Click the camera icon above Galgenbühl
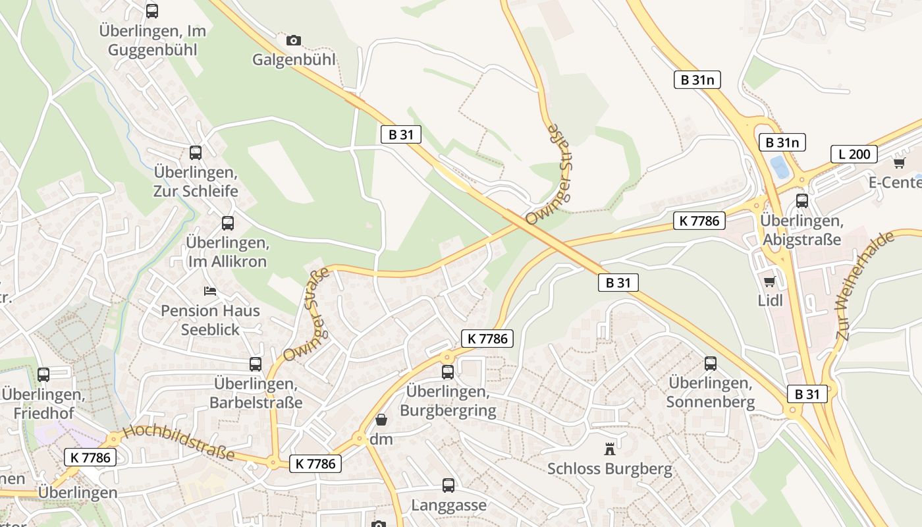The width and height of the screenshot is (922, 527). coord(294,40)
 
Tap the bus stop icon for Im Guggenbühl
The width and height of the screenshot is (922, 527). coord(152,11)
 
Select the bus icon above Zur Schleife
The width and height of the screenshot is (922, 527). coord(196,153)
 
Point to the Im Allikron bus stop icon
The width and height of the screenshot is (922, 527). coord(228,223)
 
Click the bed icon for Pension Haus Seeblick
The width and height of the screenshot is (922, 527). coord(210,291)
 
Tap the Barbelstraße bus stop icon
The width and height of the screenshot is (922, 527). coord(256,364)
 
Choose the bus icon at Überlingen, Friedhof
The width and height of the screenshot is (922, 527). coord(43,374)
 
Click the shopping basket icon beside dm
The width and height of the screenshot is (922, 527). coord(381,420)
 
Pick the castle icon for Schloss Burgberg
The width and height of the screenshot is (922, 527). coord(610,449)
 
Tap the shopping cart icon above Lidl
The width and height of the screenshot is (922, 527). coord(769,281)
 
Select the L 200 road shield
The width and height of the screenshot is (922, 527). coord(854,154)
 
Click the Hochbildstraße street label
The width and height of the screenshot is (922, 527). coord(178,442)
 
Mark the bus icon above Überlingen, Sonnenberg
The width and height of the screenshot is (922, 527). coord(711,363)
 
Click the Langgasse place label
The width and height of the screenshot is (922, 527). coord(448,505)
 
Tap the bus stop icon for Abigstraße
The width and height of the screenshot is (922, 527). coord(802,201)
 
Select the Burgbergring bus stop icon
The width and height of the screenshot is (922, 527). coord(448,372)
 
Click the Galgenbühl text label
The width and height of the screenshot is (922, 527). coord(294,59)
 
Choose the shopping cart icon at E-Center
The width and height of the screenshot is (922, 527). coord(900,162)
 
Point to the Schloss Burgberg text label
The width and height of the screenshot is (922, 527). coord(610,469)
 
